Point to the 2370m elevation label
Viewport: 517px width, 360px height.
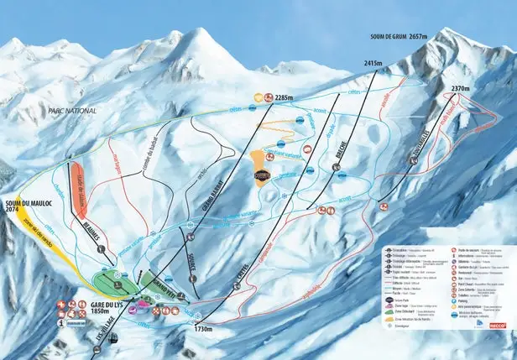pos(460,86)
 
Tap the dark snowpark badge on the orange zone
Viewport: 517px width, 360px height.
pos(264,176)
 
